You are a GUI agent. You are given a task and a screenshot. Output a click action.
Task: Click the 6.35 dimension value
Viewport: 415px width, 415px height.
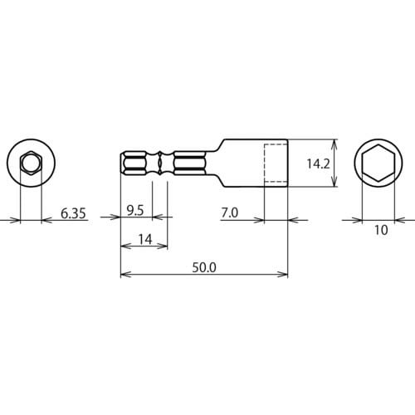74,213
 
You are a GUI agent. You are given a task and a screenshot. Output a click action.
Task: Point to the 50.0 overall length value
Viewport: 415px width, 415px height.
204,267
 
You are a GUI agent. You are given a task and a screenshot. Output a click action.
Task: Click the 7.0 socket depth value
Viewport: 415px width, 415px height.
230,213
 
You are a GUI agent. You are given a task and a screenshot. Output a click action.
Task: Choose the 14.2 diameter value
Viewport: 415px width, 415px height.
318,164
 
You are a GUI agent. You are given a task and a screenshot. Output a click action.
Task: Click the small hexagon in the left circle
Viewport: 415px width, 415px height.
29,163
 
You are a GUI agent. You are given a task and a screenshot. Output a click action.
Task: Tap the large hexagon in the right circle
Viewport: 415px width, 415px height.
379,164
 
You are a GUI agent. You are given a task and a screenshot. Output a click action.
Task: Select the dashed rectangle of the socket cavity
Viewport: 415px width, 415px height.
276,164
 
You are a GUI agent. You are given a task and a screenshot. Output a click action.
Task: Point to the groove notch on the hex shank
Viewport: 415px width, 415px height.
158,164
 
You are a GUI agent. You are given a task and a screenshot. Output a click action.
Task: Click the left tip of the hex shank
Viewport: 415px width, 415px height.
123,164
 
